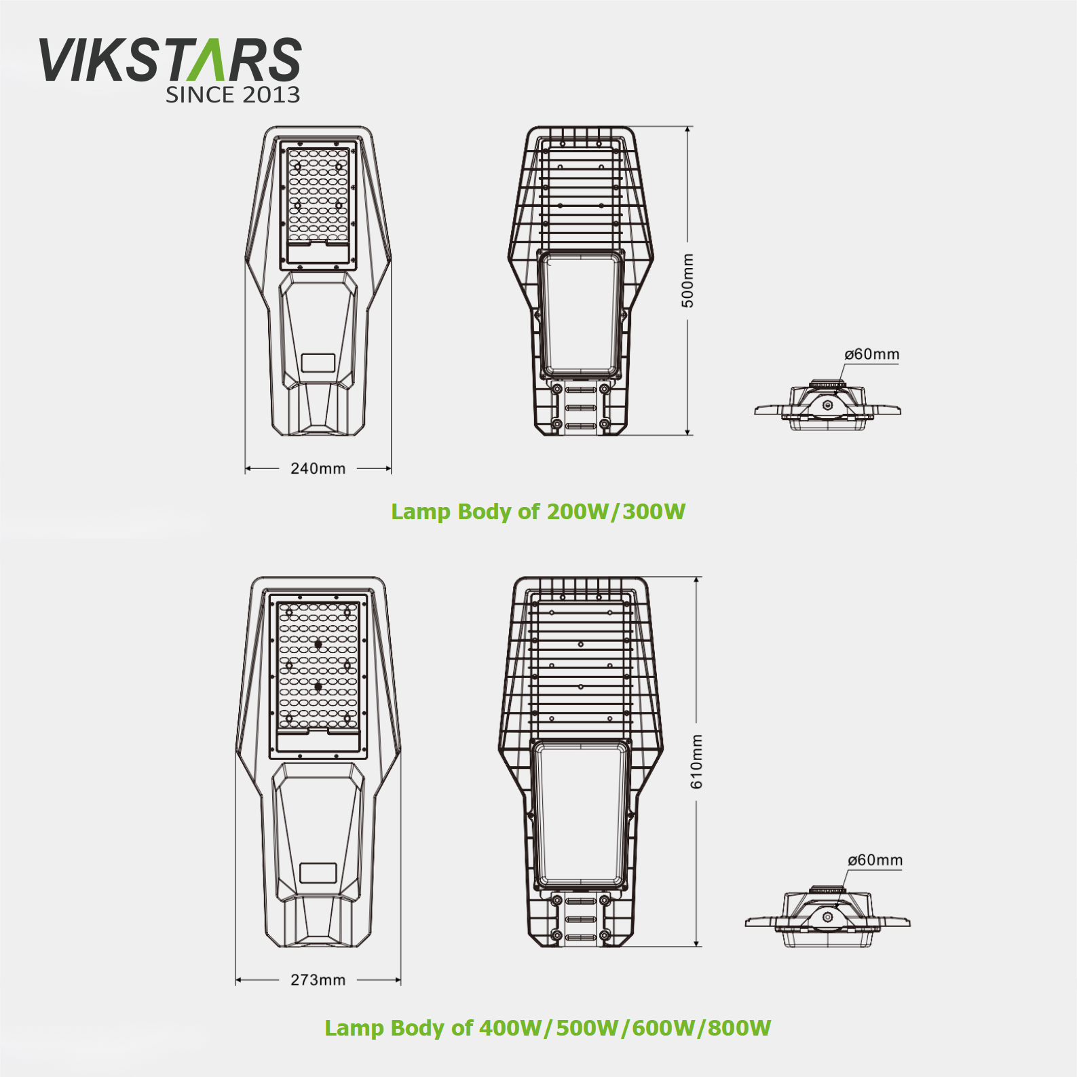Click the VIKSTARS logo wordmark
(x=170, y=60)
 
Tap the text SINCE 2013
(x=233, y=94)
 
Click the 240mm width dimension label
(x=318, y=468)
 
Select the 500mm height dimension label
(x=687, y=280)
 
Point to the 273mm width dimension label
(x=318, y=980)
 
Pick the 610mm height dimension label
(x=697, y=761)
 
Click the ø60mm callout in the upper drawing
(x=871, y=354)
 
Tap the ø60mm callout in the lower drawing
(x=875, y=861)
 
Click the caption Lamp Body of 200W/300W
(x=538, y=512)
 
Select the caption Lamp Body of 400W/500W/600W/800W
(x=548, y=1027)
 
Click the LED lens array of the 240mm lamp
(x=318, y=195)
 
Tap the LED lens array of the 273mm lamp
(x=318, y=666)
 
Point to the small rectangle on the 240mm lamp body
(x=318, y=362)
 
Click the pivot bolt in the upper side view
(x=827, y=404)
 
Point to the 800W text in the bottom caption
(x=739, y=1027)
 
